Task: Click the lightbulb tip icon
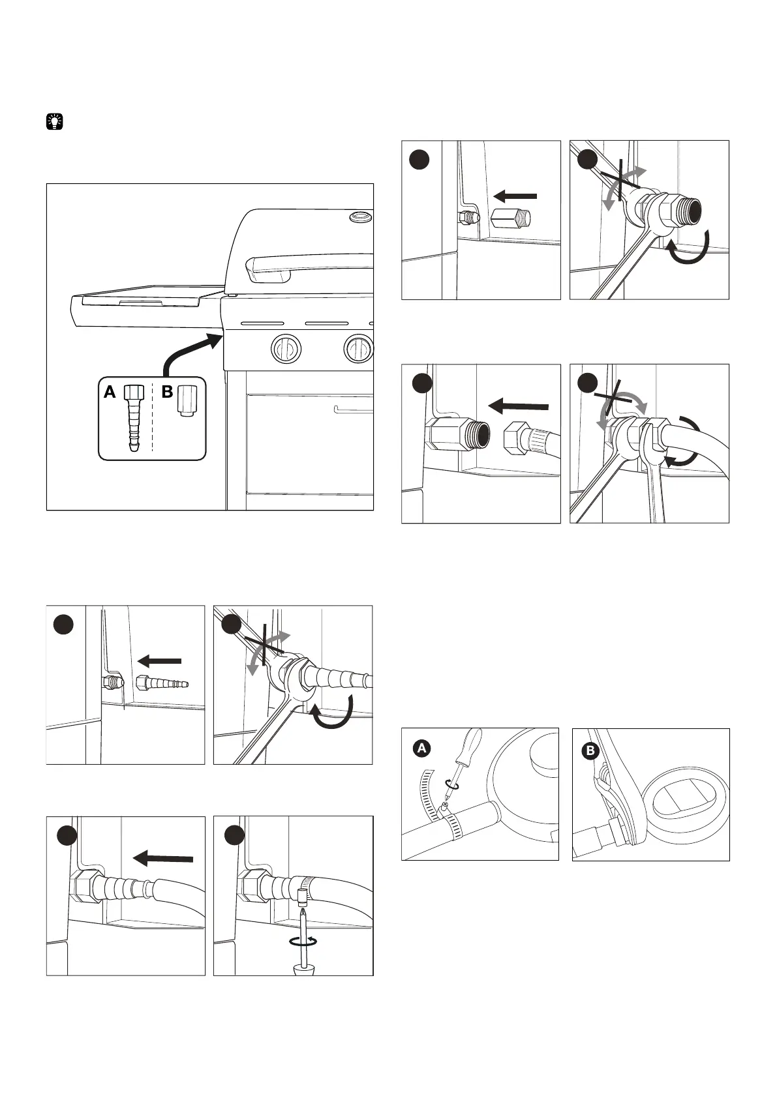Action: (x=55, y=121)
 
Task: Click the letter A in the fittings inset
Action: (x=110, y=393)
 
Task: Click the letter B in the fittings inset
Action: (x=167, y=393)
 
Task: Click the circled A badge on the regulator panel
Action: (x=422, y=749)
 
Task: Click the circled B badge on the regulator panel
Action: (x=590, y=752)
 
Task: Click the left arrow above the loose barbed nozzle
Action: (x=160, y=662)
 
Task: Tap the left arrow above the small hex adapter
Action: (x=515, y=196)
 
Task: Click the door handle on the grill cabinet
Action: (x=352, y=410)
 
